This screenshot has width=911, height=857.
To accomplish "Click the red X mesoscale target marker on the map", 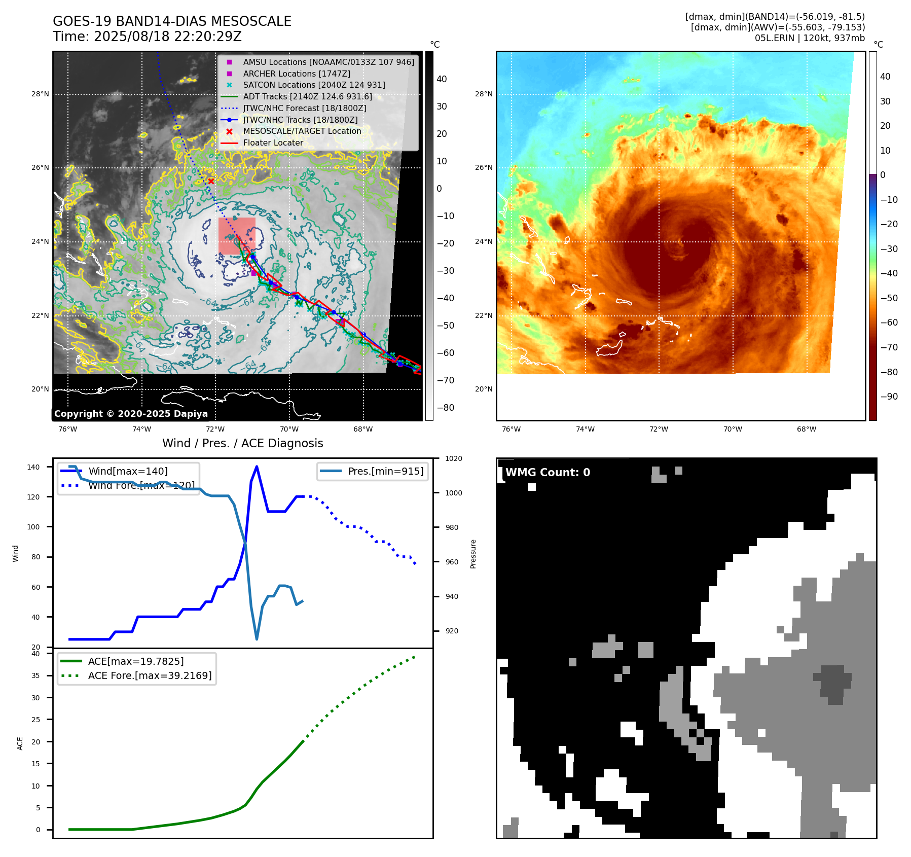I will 211,181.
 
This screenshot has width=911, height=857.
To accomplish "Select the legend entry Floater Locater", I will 273,142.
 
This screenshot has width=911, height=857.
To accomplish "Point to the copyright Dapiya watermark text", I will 131,414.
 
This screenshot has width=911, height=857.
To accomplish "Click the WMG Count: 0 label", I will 548,473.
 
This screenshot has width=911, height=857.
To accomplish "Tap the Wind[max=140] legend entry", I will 128,471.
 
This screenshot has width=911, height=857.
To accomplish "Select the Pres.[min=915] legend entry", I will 385,471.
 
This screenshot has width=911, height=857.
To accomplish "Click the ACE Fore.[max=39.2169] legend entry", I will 150,675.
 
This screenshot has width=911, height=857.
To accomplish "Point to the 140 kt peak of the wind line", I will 257,467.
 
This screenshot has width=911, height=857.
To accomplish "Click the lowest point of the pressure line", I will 257,639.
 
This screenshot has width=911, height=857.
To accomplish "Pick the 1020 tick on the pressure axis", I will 453,458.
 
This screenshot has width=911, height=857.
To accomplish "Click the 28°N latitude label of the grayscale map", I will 40,94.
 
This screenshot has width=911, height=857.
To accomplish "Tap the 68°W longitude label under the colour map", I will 806,429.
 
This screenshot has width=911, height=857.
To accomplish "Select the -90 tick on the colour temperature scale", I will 889,397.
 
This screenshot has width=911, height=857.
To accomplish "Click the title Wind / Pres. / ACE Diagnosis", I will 242,443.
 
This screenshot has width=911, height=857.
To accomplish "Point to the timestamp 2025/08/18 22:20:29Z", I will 168,37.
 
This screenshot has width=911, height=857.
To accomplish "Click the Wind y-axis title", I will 15,553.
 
